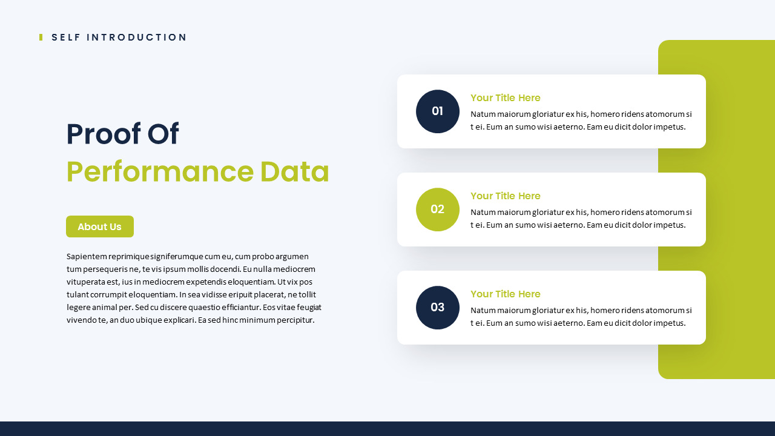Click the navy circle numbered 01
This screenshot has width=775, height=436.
[x=438, y=111]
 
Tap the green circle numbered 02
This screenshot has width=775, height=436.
[x=438, y=210]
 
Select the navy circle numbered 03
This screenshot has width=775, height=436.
[x=438, y=308]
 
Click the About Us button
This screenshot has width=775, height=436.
[x=100, y=226]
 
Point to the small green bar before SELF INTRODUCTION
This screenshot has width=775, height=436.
[x=41, y=38]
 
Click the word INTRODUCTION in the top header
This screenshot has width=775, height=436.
[x=136, y=38]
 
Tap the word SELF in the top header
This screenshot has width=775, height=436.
[x=66, y=38]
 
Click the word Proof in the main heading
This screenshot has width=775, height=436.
[x=104, y=134]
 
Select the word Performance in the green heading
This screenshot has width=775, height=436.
[x=160, y=172]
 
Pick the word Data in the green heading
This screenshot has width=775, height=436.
[x=294, y=172]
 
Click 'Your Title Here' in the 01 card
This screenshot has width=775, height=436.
[x=505, y=98]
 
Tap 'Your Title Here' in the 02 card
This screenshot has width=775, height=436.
[x=505, y=196]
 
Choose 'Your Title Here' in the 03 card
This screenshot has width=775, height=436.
[x=505, y=294]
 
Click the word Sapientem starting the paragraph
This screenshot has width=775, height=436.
[x=87, y=257]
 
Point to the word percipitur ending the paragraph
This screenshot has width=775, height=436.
[x=297, y=320]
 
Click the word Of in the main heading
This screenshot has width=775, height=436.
[x=163, y=134]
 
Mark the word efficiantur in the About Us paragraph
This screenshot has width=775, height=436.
[x=241, y=307]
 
